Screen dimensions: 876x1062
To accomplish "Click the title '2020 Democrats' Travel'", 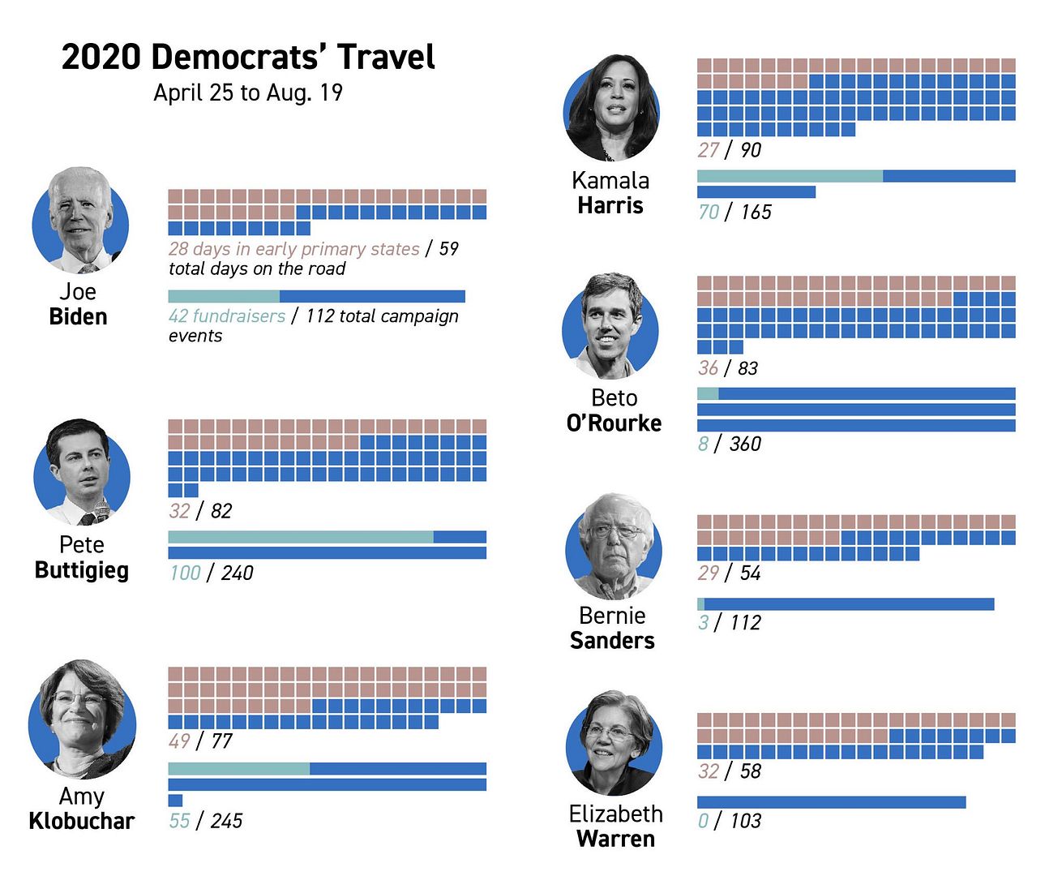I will pyautogui.click(x=248, y=58).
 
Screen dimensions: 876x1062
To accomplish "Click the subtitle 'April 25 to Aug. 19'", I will pyautogui.click(x=248, y=92).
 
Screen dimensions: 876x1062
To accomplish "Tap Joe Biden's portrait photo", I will pyautogui.click(x=80, y=220).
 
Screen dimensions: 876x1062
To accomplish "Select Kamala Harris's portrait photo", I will pyautogui.click(x=611, y=108).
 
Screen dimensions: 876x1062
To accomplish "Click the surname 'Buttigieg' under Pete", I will pyautogui.click(x=82, y=570).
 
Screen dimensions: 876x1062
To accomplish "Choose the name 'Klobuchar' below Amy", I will pyautogui.click(x=82, y=821).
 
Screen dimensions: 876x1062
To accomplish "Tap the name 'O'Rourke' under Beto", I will pyautogui.click(x=614, y=423).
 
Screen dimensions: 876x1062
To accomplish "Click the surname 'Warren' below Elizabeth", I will pyautogui.click(x=615, y=839).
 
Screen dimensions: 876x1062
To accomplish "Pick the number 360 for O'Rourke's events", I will pyautogui.click(x=745, y=444).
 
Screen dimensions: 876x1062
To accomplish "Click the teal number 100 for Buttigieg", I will pyautogui.click(x=185, y=573).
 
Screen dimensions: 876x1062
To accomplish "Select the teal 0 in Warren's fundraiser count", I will pyautogui.click(x=703, y=821).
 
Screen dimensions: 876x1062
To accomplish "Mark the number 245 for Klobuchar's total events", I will pyautogui.click(x=226, y=821).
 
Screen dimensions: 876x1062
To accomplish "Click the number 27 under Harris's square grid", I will pyautogui.click(x=708, y=150).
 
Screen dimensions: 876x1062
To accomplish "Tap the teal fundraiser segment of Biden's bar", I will pyautogui.click(x=224, y=296).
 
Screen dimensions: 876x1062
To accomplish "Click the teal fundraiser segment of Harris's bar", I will pyautogui.click(x=790, y=176).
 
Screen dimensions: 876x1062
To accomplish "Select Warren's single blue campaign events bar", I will pyautogui.click(x=831, y=802).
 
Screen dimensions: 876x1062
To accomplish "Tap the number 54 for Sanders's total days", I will pyautogui.click(x=750, y=573).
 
